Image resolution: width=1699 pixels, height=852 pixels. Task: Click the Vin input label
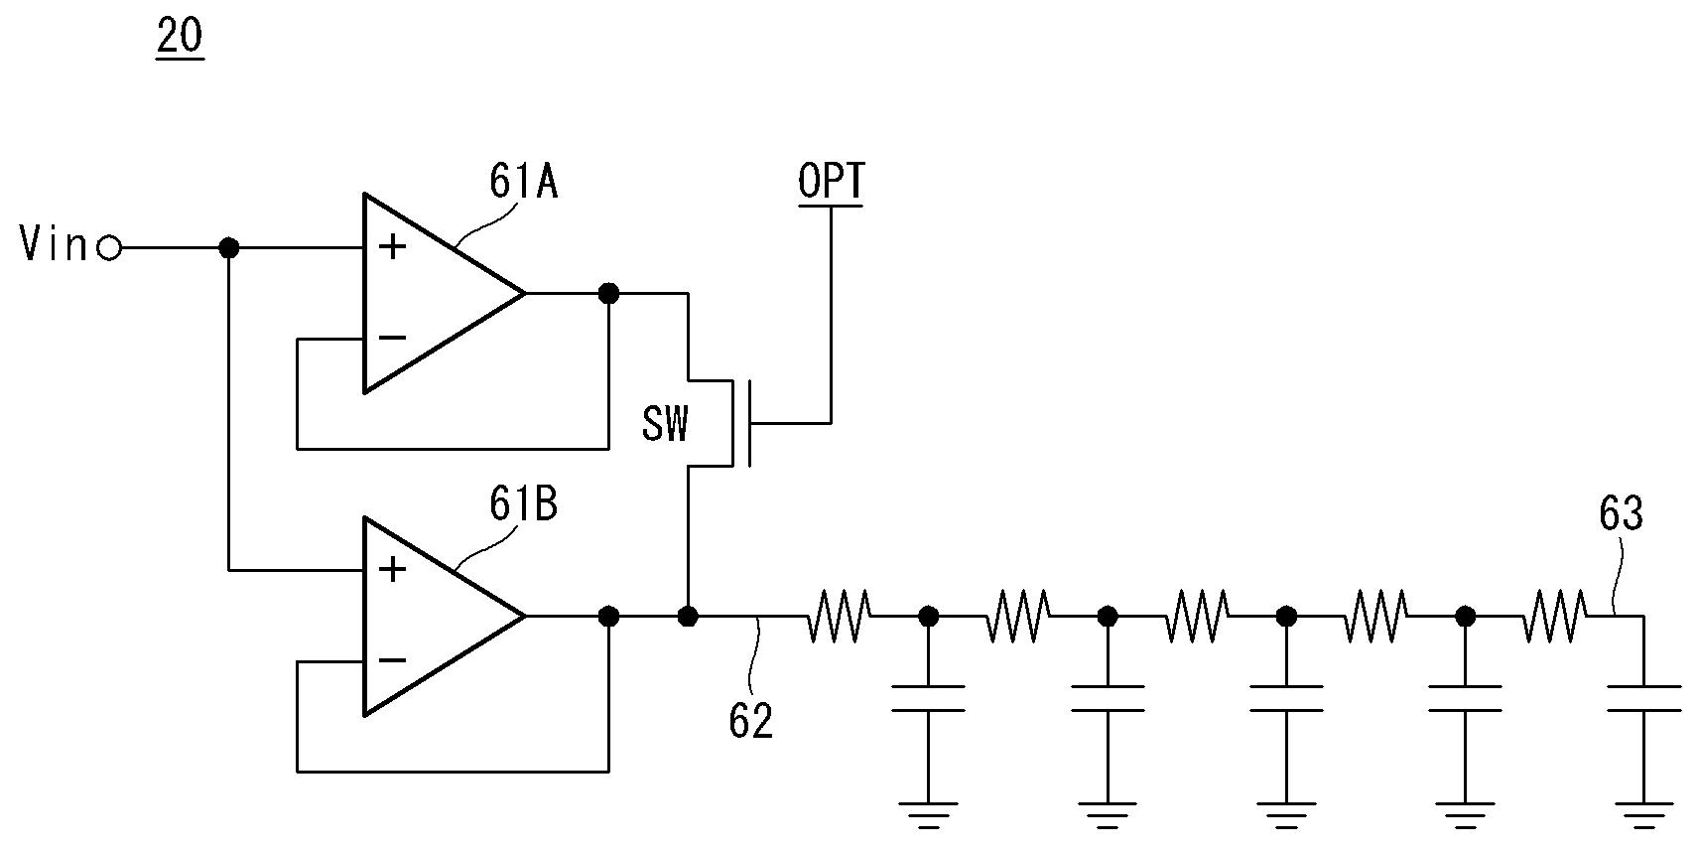click(54, 243)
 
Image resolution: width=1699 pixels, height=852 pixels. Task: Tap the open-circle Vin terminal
click(109, 248)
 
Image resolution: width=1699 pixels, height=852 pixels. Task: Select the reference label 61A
click(523, 182)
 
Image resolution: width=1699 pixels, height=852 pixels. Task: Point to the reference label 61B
click(523, 503)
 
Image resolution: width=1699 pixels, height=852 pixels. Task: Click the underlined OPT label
click(831, 182)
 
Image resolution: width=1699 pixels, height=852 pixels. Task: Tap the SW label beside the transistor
click(665, 424)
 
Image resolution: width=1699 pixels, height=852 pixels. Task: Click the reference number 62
click(751, 721)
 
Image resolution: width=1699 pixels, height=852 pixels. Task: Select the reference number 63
click(1621, 512)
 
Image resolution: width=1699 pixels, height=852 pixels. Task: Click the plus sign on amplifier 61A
click(392, 246)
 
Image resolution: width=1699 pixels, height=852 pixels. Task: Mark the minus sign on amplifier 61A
click(392, 338)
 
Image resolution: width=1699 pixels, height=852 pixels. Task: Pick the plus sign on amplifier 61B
click(392, 570)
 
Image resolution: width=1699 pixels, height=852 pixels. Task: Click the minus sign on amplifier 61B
click(392, 660)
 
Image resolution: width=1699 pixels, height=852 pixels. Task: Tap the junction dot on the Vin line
click(228, 248)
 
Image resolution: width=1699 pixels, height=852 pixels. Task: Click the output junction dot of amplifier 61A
click(608, 294)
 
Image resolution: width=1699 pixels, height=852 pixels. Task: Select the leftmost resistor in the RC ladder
click(839, 616)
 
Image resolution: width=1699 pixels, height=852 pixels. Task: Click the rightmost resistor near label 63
click(1555, 616)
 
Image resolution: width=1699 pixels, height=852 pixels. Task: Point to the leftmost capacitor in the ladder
click(928, 699)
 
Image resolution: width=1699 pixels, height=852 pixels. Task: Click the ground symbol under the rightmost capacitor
click(1643, 814)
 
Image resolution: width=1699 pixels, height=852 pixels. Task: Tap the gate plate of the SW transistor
click(749, 423)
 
